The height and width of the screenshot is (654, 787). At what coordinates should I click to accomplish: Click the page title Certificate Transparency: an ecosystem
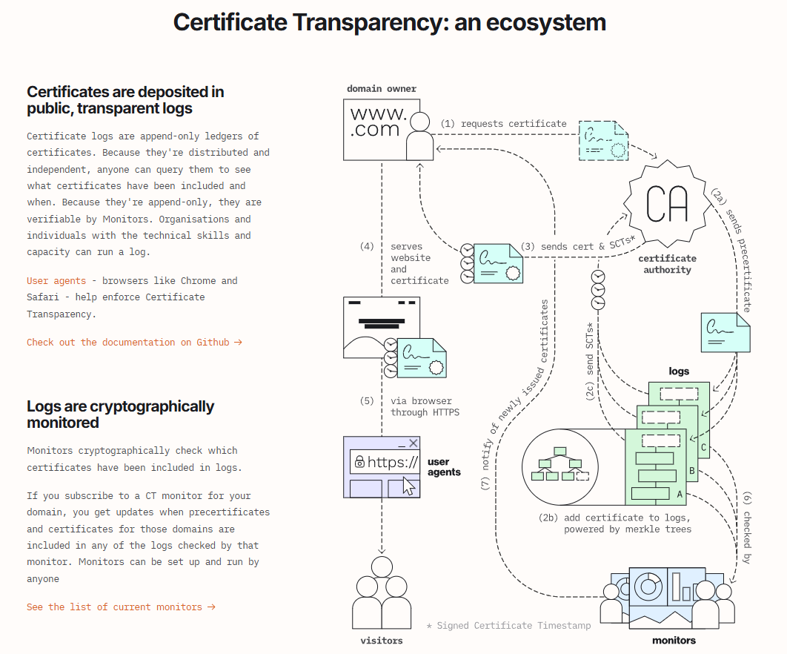(389, 22)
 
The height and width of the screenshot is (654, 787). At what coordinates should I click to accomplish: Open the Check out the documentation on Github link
(134, 343)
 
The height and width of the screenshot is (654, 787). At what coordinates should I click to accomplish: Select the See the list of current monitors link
(121, 607)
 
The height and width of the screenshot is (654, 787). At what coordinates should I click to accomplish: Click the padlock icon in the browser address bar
(359, 462)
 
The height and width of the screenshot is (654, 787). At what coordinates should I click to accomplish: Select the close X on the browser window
(413, 443)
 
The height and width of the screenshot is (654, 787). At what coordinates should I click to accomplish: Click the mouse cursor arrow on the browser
(408, 486)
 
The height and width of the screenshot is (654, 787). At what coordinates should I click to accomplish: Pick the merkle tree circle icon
(560, 466)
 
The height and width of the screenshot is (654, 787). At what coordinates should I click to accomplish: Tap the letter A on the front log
(679, 493)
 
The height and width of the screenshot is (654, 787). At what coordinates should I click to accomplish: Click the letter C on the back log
(703, 448)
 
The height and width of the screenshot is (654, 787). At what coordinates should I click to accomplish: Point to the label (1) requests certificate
(503, 124)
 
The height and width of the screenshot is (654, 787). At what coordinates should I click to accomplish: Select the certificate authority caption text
(667, 264)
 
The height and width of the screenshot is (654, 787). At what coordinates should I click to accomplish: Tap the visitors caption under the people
(381, 640)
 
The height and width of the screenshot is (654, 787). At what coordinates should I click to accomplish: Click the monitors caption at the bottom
(674, 640)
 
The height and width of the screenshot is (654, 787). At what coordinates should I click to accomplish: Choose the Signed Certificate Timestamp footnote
(509, 626)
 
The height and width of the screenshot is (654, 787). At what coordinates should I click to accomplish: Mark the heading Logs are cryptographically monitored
(120, 414)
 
